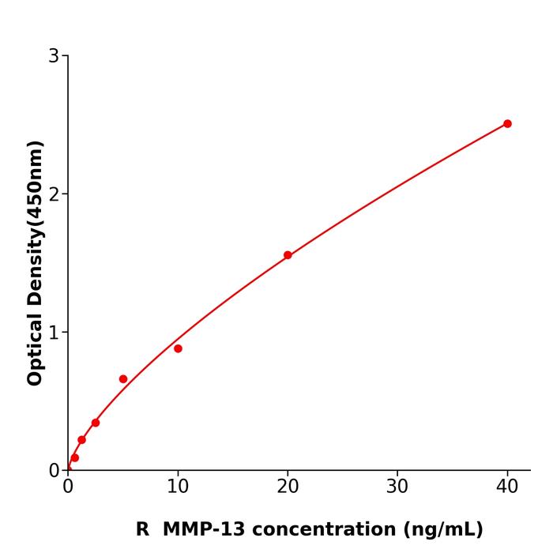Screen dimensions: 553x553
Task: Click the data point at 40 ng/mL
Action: pyautogui.click(x=507, y=124)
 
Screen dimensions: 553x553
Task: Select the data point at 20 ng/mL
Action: pyautogui.click(x=288, y=255)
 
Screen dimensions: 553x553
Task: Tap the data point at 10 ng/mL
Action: pyautogui.click(x=178, y=348)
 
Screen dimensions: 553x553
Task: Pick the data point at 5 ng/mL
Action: pyautogui.click(x=123, y=379)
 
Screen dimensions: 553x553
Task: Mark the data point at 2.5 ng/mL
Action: pyautogui.click(x=96, y=423)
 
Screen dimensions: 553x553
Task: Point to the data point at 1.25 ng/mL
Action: pyautogui.click(x=81, y=440)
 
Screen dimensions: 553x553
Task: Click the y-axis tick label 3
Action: pyautogui.click(x=54, y=56)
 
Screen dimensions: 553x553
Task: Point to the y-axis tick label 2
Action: pyautogui.click(x=54, y=194)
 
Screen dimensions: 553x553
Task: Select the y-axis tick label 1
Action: pyautogui.click(x=54, y=333)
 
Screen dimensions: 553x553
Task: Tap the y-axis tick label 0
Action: pyautogui.click(x=54, y=471)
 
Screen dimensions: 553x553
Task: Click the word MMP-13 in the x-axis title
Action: pyautogui.click(x=199, y=529)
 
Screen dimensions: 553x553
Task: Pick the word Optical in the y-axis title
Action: pyautogui.click(x=35, y=347)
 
